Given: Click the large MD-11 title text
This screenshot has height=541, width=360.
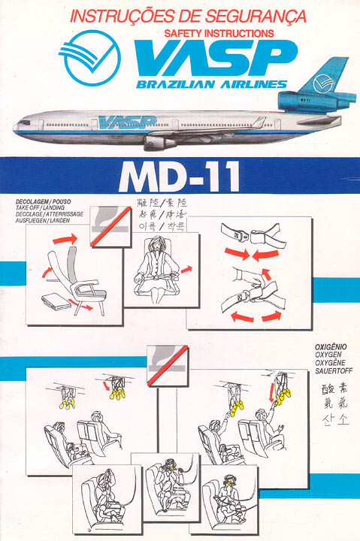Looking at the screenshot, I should pyautogui.click(x=179, y=177).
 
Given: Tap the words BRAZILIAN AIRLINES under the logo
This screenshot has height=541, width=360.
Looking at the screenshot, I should pyautogui.click(x=212, y=85).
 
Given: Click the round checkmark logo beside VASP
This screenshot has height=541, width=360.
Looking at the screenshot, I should pyautogui.click(x=91, y=59).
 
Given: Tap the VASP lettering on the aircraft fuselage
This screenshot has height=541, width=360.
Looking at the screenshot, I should pyautogui.click(x=126, y=122).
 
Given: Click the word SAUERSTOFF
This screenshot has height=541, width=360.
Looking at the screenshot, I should pyautogui.click(x=331, y=369).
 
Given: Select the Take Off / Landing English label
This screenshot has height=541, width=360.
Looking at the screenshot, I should pyautogui.click(x=38, y=209).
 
